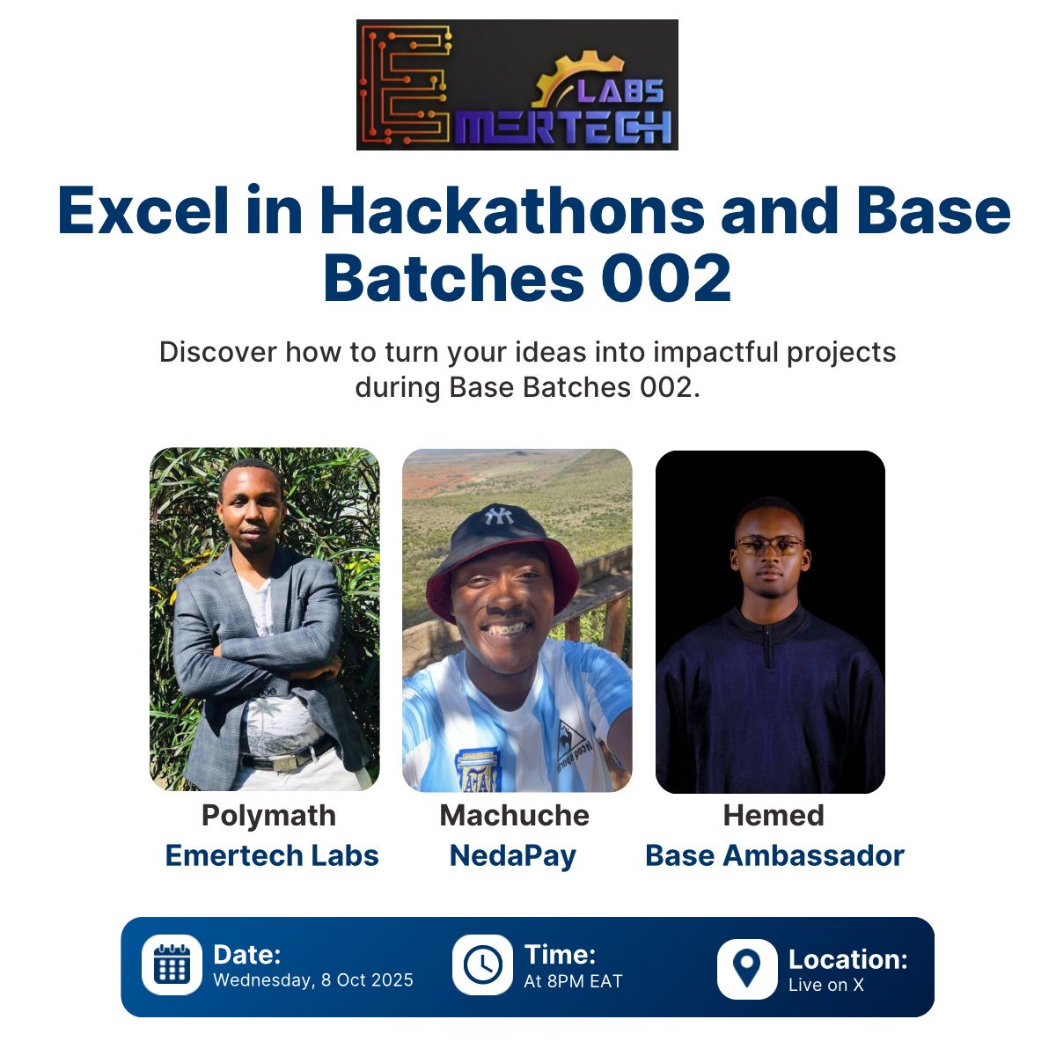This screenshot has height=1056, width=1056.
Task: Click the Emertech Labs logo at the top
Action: pyautogui.click(x=517, y=85)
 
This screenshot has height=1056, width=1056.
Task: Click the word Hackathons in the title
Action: pyautogui.click(x=511, y=211)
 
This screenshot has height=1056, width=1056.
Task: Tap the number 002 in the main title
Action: pyautogui.click(x=666, y=278)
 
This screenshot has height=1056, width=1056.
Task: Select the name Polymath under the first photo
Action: pyautogui.click(x=268, y=816)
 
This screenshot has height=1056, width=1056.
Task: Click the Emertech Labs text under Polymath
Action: pyautogui.click(x=272, y=855)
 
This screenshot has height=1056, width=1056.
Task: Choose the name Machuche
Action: pyautogui.click(x=515, y=816)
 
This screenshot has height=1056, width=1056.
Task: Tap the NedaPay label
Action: pyautogui.click(x=513, y=855)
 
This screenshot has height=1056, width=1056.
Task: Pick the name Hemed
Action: pyautogui.click(x=774, y=816)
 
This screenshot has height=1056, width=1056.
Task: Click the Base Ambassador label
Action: pyautogui.click(x=774, y=855)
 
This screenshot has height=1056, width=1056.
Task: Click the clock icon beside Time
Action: pyautogui.click(x=482, y=964)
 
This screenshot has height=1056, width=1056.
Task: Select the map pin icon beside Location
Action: pyautogui.click(x=747, y=968)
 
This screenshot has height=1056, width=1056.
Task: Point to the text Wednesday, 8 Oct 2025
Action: pyautogui.click(x=313, y=980)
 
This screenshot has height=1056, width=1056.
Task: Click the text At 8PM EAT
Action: pyautogui.click(x=573, y=981)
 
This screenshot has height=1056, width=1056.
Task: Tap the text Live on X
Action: pyautogui.click(x=826, y=985)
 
